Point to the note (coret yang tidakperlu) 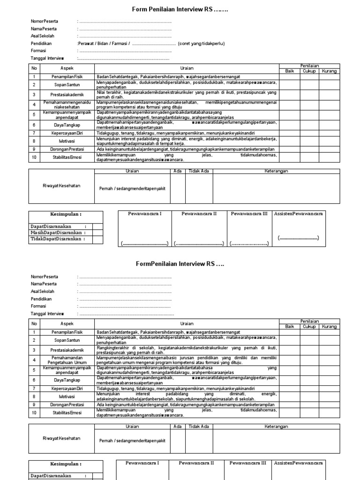[202, 44]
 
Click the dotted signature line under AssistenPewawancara [298, 238]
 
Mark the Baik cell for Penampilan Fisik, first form [290, 76]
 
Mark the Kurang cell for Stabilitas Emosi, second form [329, 412]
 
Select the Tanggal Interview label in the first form [47, 58]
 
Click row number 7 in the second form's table [34, 389]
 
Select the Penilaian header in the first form [309, 66]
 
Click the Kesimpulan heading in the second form [66, 464]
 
